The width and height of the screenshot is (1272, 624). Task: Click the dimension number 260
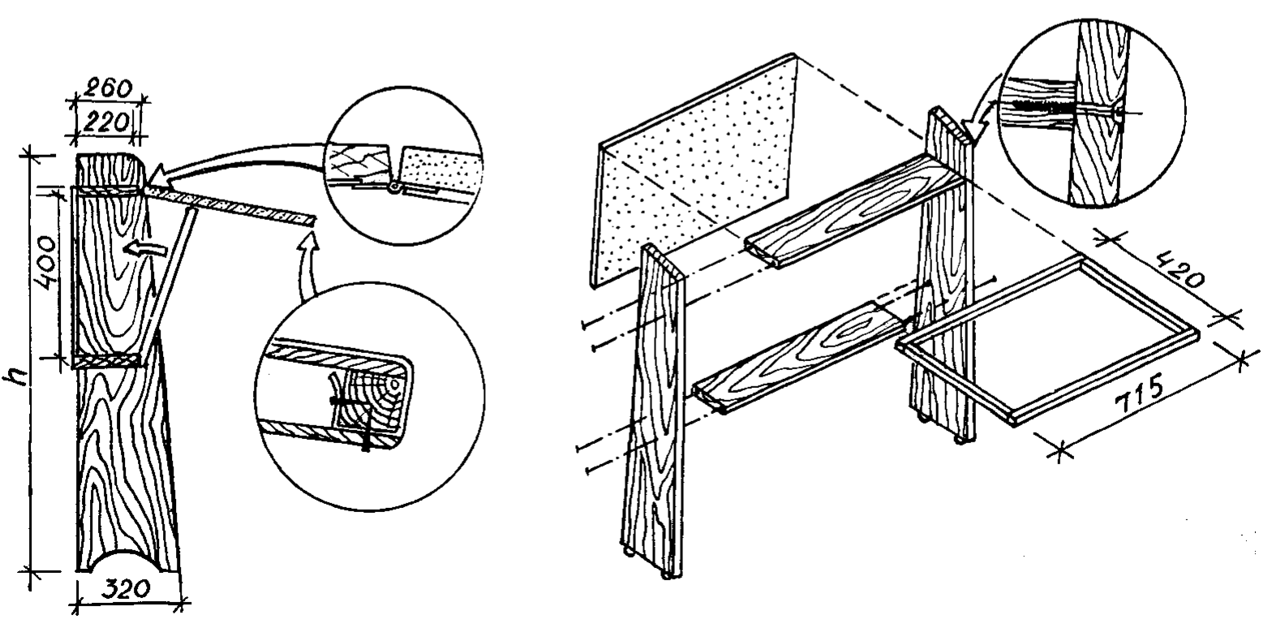(x=105, y=87)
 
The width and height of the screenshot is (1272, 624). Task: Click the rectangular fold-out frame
(x=1046, y=341)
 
